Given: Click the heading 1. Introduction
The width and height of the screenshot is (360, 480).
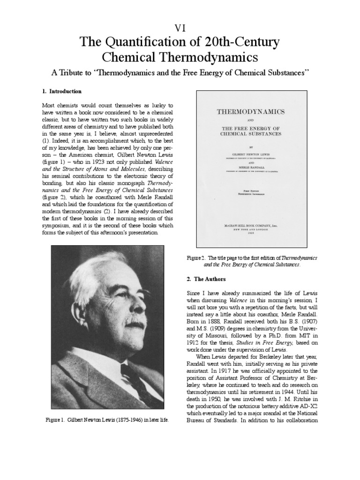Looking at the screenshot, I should [62, 91].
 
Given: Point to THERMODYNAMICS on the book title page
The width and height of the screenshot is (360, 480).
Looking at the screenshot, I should [251, 112].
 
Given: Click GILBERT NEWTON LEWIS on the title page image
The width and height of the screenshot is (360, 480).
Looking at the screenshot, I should [251, 153].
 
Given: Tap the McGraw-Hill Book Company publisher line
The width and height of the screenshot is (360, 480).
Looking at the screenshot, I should [251, 225].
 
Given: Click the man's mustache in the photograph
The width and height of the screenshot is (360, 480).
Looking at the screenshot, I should [134, 323].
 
